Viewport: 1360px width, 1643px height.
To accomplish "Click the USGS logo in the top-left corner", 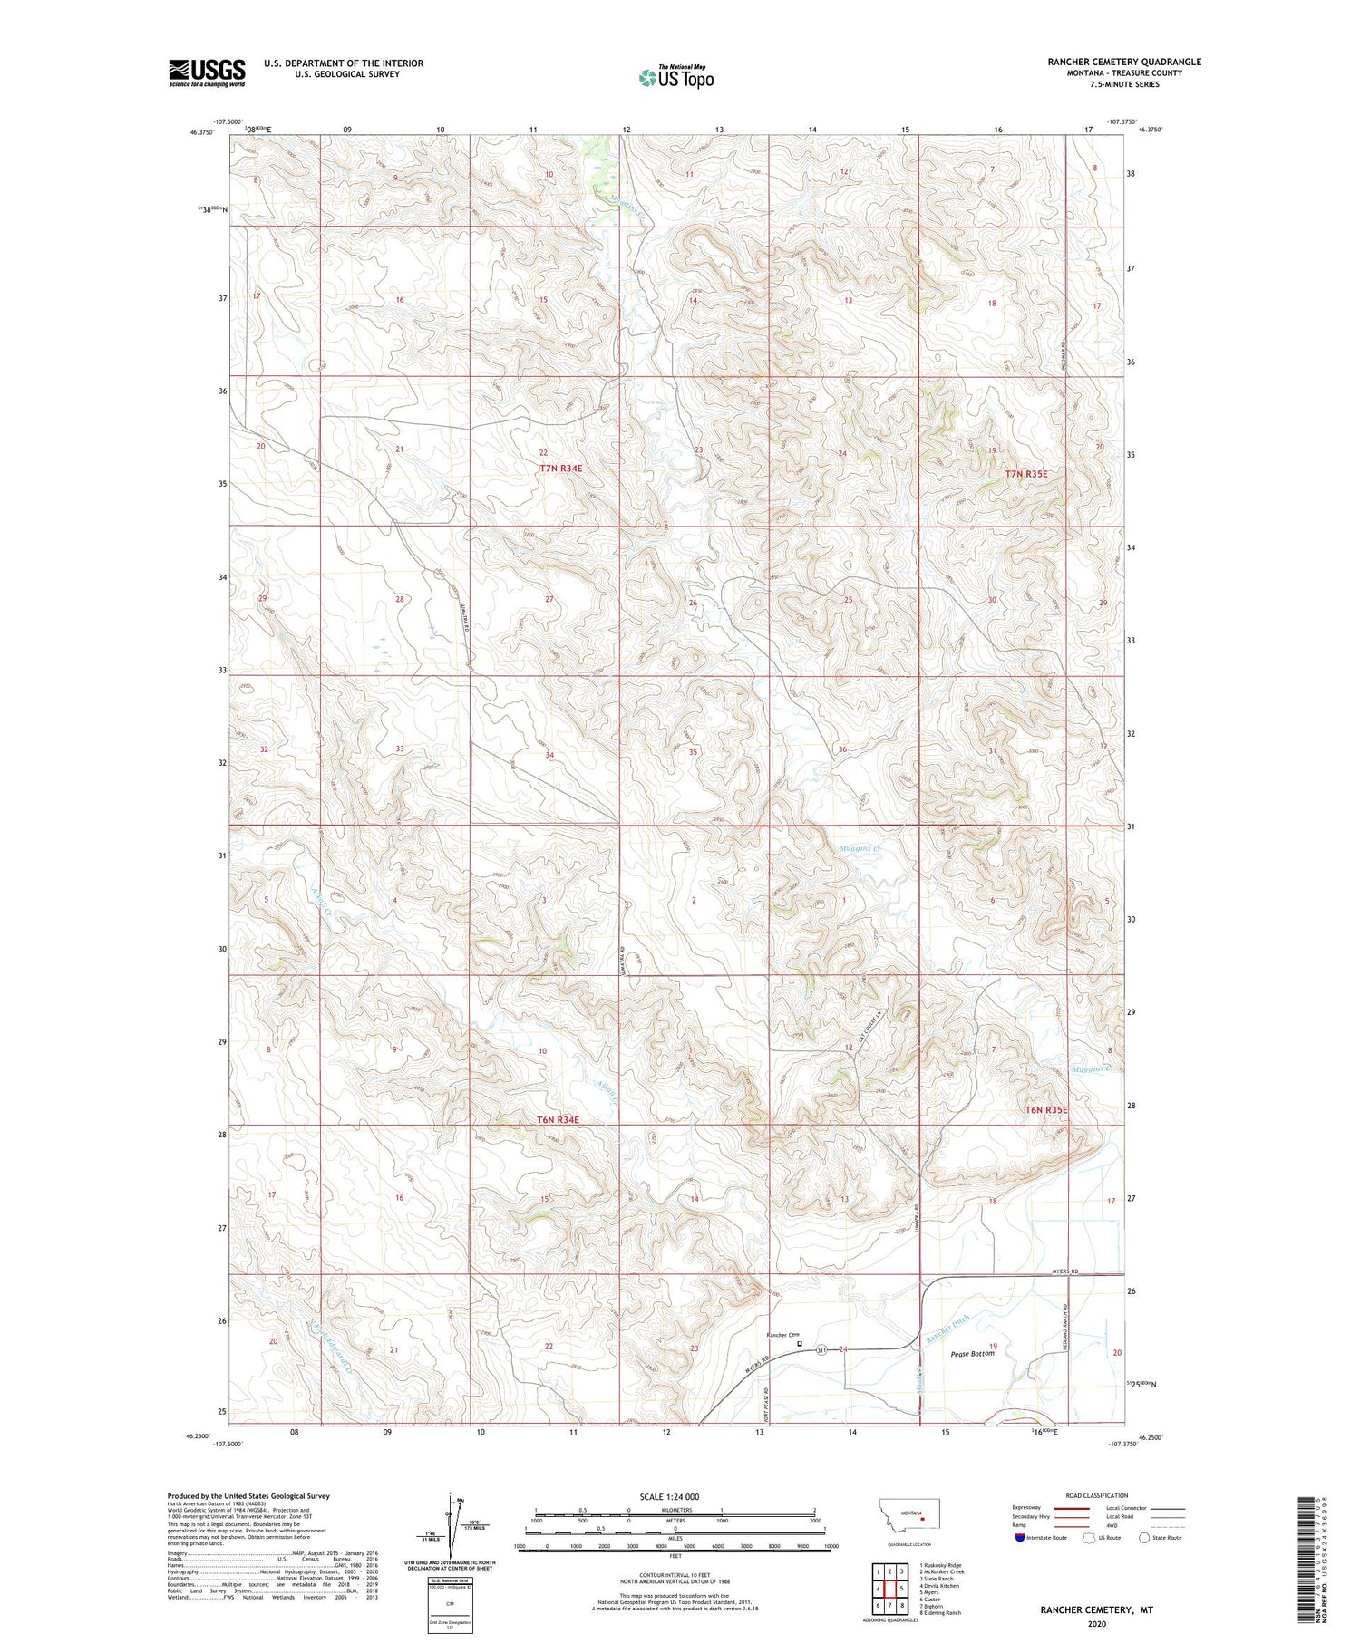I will (207, 72).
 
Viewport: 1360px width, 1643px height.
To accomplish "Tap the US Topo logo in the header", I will (675, 78).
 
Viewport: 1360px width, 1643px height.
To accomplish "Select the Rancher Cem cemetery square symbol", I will (799, 1344).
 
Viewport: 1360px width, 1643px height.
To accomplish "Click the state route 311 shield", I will (820, 1349).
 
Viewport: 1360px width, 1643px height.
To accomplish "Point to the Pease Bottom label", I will (972, 1354).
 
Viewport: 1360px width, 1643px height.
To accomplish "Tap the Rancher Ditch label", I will (948, 1329).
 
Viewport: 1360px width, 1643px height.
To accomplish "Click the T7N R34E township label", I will (560, 469).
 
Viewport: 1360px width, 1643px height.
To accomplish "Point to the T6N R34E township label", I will (557, 1119).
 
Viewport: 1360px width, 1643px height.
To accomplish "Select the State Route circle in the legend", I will (1144, 1537).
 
